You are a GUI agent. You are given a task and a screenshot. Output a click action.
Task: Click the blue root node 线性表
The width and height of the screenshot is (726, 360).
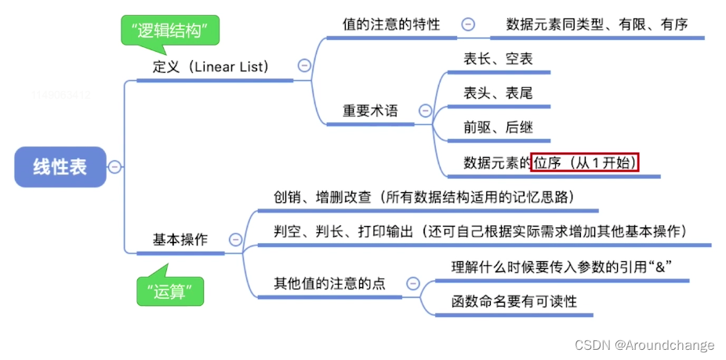pos(60,166)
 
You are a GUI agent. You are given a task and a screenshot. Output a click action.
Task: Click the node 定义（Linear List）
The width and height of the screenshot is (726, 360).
pos(210,67)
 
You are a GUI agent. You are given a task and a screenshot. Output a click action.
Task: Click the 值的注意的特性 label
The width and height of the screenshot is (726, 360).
pos(390,24)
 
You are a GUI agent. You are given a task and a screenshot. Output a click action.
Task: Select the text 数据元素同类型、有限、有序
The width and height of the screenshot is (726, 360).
pos(597,24)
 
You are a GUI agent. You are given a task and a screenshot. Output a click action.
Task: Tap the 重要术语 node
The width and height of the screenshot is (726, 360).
pos(370,111)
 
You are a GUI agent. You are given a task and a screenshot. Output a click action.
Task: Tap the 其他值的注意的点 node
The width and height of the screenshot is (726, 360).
pos(329,283)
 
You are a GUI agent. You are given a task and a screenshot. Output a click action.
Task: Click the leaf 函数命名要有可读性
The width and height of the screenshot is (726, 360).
pos(510,301)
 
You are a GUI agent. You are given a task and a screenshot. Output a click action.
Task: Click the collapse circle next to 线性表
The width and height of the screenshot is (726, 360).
pos(115,166)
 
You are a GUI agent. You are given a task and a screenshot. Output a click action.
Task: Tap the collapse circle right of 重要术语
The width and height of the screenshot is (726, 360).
pos(425,111)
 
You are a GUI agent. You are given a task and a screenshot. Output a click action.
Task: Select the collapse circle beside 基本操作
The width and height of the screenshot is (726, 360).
pos(234,240)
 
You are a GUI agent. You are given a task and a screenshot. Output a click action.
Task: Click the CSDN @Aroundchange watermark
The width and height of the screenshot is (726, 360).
pos(644,345)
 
